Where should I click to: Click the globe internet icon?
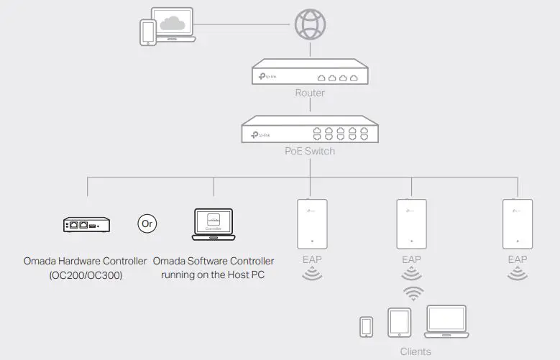pos(310,24)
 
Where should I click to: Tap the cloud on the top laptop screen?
pos(173,24)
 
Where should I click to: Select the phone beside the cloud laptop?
pos(148,32)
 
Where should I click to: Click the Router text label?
pos(310,93)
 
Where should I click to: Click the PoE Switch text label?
pos(310,151)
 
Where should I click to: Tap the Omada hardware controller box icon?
pos(86,224)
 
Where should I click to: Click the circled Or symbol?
pos(147,224)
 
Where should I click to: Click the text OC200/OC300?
pos(86,274)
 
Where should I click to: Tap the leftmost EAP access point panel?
pos(312,224)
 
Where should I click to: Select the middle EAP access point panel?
pos(411,224)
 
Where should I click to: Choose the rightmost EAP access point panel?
pos(517,224)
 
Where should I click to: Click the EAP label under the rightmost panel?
pos(517,259)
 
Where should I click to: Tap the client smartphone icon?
pos(367,326)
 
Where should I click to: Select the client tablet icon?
pos(399,323)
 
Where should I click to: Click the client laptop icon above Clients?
pos(446,322)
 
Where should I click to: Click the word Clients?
pos(416,351)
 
